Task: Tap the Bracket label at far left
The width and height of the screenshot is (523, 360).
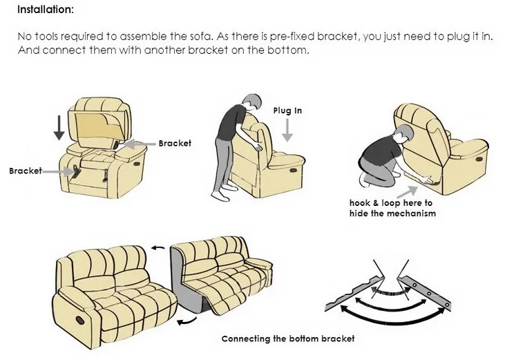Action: [26, 170]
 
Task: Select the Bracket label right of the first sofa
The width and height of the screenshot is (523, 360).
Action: [175, 143]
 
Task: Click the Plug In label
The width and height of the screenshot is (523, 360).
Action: [287, 111]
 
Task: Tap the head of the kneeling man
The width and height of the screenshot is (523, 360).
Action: [403, 133]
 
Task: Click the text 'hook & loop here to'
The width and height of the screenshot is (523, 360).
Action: [390, 203]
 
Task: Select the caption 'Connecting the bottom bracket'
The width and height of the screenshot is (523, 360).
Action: [287, 339]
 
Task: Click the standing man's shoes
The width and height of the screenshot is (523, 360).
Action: [220, 196]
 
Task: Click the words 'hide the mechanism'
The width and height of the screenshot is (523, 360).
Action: [392, 214]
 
